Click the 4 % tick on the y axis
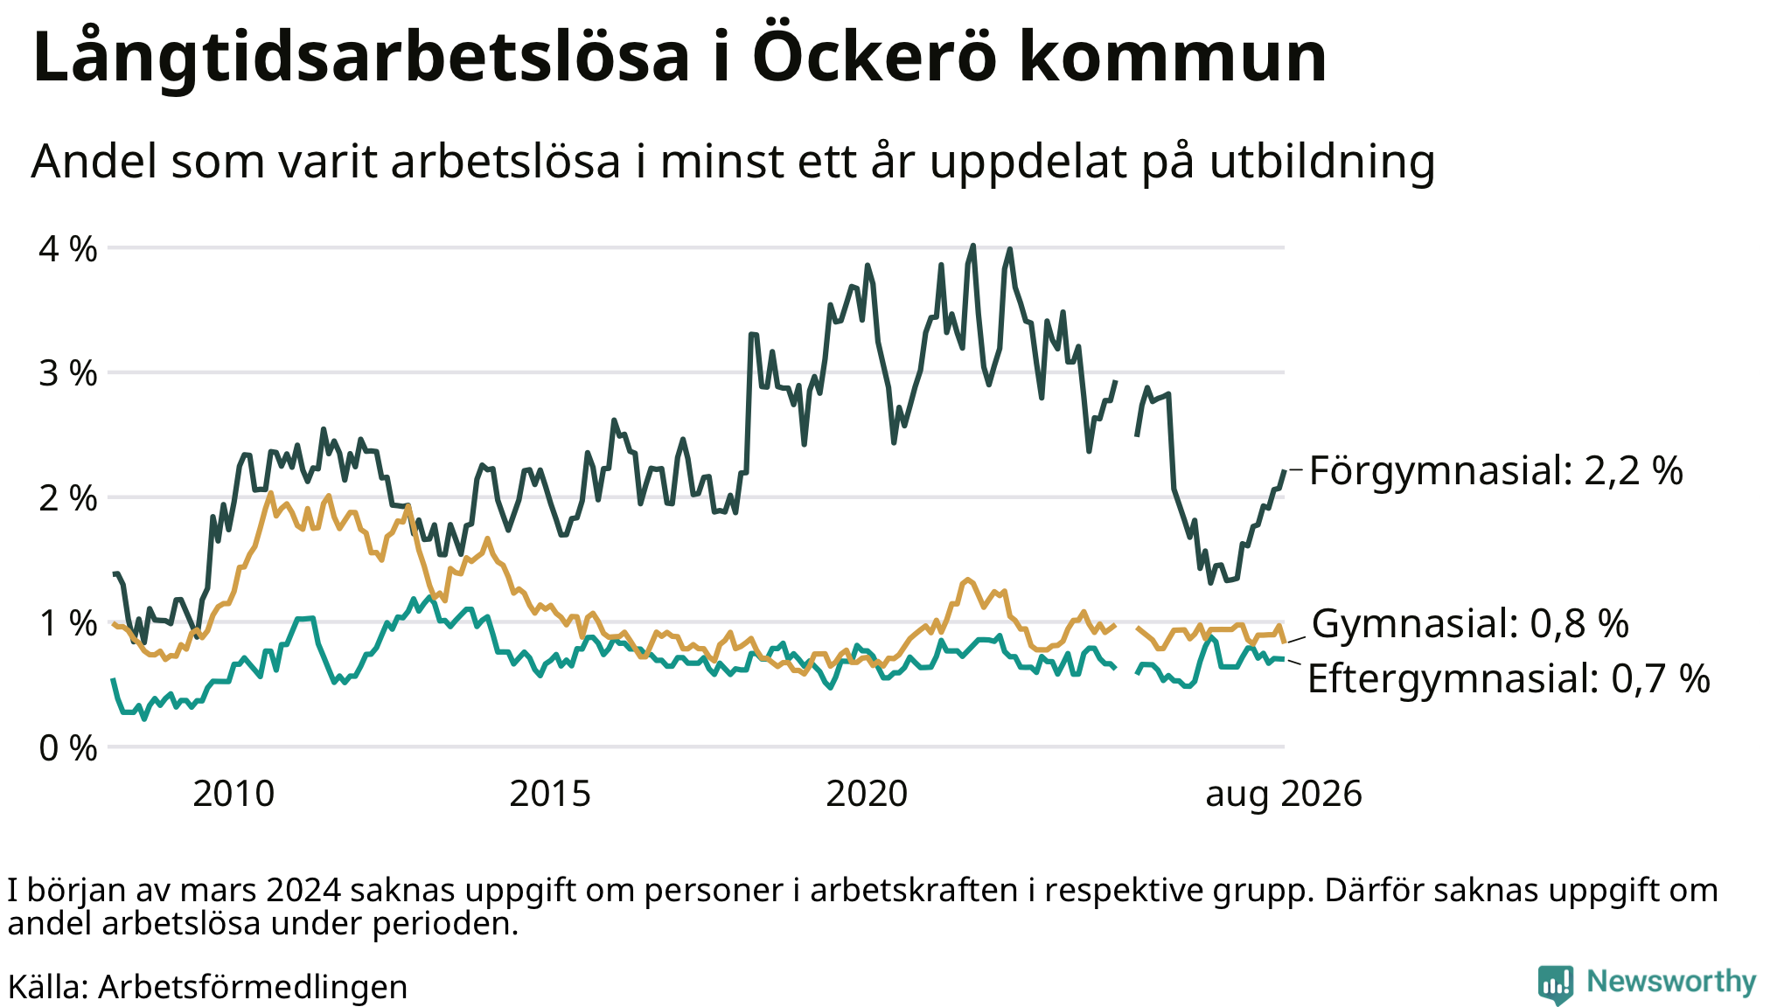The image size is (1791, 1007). click(67, 249)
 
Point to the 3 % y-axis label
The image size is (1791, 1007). click(67, 373)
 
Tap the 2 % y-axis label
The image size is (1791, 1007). click(67, 498)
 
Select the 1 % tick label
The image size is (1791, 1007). click(67, 623)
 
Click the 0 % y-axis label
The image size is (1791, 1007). click(67, 748)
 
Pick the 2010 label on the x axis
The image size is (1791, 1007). click(233, 794)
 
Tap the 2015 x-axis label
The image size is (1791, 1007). click(550, 794)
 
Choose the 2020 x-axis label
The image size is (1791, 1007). click(867, 794)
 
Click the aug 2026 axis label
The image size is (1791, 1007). click(1284, 795)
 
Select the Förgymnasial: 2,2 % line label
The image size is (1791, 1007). click(1495, 471)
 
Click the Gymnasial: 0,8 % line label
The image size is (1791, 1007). click(1470, 624)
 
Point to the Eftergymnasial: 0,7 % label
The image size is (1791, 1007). click(1509, 679)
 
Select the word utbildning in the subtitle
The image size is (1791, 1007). click(1322, 162)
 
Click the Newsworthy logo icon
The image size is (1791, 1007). click(1556, 984)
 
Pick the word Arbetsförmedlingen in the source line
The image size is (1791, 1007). click(253, 987)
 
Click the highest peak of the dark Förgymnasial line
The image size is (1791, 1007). click(973, 246)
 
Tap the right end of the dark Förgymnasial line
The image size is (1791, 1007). click(1285, 471)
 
